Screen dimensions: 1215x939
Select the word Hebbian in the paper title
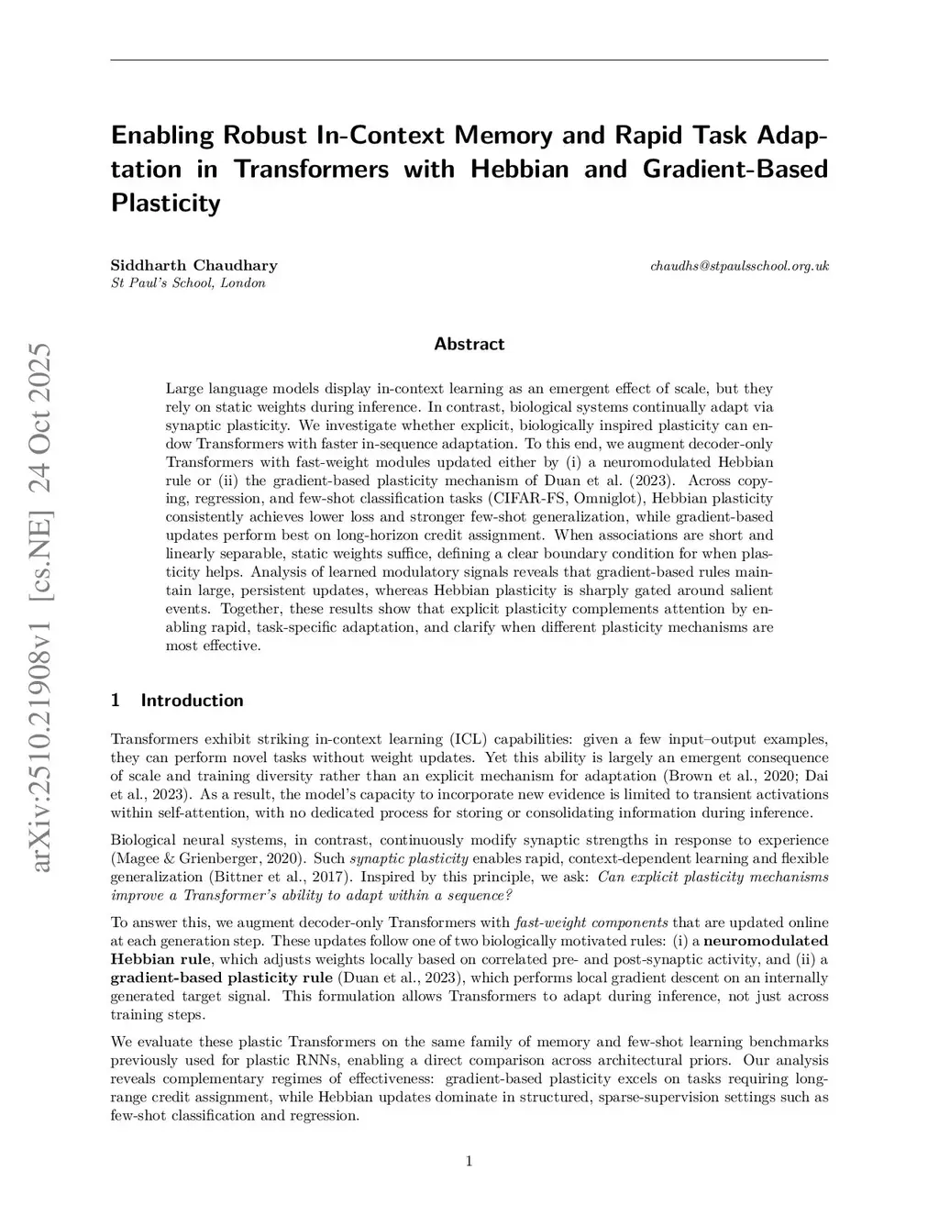[x=519, y=169]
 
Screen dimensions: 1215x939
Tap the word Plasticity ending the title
[x=165, y=203]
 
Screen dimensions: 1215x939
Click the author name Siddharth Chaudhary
[x=193, y=266]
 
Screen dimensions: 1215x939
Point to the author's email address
[x=739, y=266]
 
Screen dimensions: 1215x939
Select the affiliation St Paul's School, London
[x=188, y=283]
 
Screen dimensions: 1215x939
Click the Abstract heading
[x=469, y=345]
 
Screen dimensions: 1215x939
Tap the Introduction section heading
[x=192, y=701]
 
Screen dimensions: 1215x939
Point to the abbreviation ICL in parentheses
[x=463, y=739]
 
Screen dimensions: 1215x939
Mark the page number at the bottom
[x=469, y=1162]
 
